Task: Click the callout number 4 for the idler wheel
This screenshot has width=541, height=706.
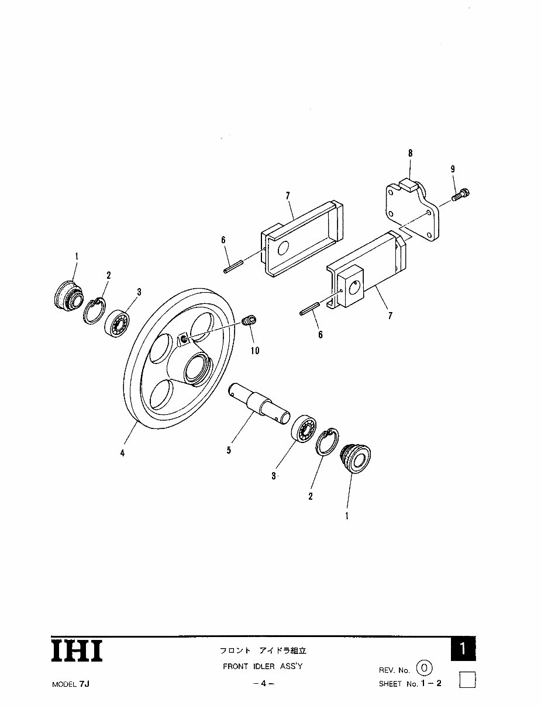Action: [122, 453]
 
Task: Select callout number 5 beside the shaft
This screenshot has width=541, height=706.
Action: [228, 451]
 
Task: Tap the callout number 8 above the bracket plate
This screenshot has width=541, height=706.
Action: [410, 153]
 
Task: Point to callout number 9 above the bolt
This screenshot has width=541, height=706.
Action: [452, 169]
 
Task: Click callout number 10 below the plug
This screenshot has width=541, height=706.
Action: [255, 351]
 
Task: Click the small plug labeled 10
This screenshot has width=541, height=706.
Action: [250, 320]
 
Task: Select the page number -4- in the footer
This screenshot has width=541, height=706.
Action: [263, 684]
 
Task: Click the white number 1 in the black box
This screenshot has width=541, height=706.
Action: [463, 649]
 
